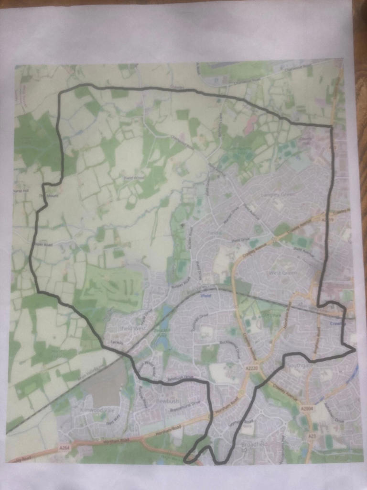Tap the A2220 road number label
[251, 369]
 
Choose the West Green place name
[282, 273]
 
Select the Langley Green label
[277, 195]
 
